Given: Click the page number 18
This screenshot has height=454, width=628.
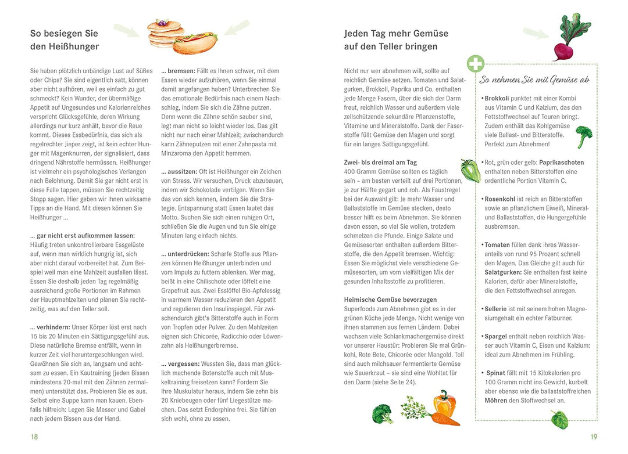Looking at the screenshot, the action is (x=34, y=437).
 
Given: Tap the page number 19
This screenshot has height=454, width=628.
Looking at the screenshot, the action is (x=594, y=437).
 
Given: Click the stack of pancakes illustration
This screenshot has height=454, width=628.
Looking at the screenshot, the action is (x=164, y=34).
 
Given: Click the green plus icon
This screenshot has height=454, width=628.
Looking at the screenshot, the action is (x=476, y=64).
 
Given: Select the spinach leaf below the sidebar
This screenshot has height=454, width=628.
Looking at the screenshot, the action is (x=559, y=420).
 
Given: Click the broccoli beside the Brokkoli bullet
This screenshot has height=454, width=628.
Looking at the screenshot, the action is (x=584, y=136).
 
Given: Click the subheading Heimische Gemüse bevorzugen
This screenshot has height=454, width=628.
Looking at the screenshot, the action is (x=390, y=300).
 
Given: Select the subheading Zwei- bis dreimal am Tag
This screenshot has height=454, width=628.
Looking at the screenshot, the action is (x=380, y=163).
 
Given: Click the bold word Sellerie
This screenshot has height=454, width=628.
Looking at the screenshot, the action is (x=496, y=309).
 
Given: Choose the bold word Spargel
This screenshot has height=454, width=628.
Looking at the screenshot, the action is (x=496, y=336).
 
